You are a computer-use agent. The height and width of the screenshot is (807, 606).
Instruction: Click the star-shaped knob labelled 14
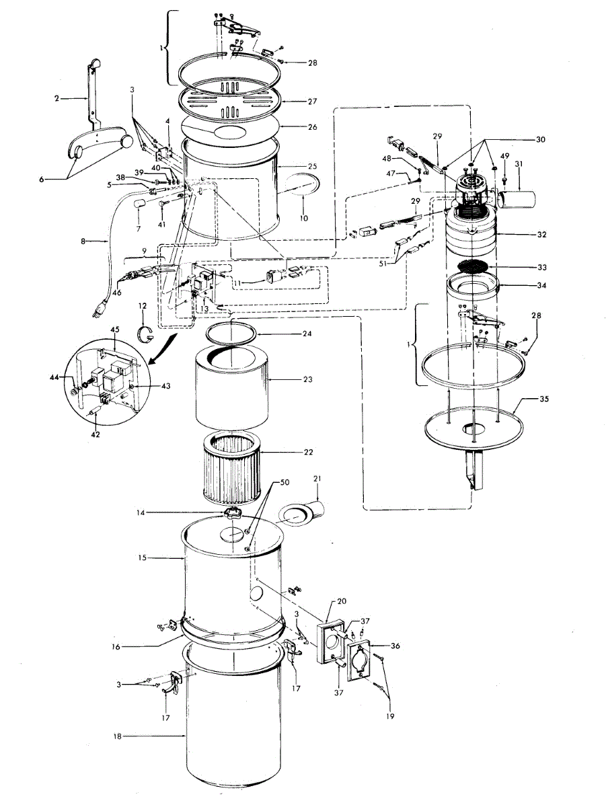click(x=232, y=514)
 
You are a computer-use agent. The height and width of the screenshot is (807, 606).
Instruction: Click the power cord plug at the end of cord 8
click(x=100, y=311)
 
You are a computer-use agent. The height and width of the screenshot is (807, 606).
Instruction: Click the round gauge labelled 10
click(x=302, y=186)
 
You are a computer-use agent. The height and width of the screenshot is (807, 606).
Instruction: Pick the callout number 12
click(x=143, y=307)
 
